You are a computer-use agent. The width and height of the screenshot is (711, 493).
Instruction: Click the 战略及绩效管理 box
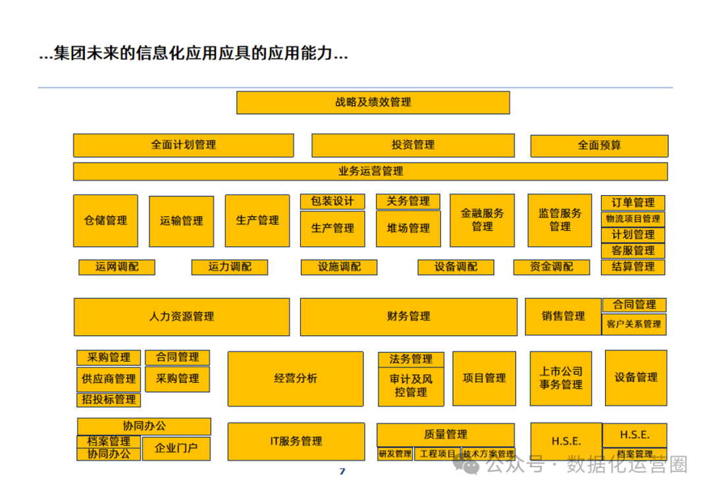coord(373,103)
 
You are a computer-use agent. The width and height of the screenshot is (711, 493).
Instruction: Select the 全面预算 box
coord(599,146)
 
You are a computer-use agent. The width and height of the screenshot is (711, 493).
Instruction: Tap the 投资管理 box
coord(413,145)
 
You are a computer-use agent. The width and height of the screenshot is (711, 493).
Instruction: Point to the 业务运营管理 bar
coord(370,171)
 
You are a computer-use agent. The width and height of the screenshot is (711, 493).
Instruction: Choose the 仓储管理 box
coord(105,221)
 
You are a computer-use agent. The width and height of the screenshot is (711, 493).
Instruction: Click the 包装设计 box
coord(332,202)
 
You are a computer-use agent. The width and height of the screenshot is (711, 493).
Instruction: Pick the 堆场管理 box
coord(408,229)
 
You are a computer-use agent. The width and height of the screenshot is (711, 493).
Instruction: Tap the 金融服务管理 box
coord(482,220)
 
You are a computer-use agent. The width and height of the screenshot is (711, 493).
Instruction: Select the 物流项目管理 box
coord(633,219)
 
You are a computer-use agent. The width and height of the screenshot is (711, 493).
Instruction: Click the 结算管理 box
coord(633,267)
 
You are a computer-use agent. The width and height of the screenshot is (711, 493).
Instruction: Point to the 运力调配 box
coord(230,267)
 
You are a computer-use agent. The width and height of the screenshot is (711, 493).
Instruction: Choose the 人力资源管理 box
coord(181,317)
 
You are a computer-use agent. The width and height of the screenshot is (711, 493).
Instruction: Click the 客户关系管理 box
coord(633,324)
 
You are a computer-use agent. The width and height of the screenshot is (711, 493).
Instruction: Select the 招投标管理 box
coord(109,400)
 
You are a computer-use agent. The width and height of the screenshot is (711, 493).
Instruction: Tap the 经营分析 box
coord(296,379)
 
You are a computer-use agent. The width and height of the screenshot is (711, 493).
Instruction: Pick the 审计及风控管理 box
coord(411,386)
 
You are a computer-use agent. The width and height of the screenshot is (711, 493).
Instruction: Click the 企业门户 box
coord(176,449)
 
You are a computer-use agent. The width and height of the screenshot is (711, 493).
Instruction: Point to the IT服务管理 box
coord(296,442)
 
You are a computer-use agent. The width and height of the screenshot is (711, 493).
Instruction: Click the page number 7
coord(342,471)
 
